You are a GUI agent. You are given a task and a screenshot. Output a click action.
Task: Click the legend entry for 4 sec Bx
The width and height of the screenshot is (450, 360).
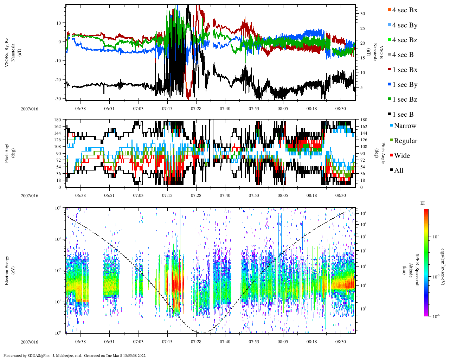tap(405, 10)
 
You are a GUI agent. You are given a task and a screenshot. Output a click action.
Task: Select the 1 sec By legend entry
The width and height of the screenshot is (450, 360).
tap(405, 85)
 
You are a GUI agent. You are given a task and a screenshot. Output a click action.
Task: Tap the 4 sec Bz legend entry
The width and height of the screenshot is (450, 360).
tap(405, 40)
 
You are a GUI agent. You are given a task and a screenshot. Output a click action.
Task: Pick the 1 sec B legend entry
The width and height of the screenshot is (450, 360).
tap(403, 115)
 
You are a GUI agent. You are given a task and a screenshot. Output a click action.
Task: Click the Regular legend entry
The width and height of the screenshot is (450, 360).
tap(405, 141)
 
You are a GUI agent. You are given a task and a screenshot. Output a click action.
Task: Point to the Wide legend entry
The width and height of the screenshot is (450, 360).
tap(402, 156)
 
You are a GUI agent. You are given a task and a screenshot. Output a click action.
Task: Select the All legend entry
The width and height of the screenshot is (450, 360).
tap(399, 171)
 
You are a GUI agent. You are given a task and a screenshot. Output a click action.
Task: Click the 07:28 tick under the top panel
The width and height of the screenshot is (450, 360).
tap(196, 108)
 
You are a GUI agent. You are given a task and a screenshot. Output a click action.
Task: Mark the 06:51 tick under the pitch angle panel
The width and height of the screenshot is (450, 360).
tap(109, 195)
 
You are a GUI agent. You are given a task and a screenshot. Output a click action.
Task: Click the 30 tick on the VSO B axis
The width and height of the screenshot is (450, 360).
tap(362, 14)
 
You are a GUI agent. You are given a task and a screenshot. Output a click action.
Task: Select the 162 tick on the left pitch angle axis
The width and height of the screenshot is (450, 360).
tap(58, 127)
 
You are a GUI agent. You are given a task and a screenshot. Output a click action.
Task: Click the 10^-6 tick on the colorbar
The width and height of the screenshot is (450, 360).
tap(436, 316)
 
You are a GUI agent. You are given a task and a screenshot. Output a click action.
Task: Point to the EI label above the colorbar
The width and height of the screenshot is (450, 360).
tap(423, 203)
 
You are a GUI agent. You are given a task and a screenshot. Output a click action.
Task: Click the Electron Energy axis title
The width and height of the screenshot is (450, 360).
tap(7, 270)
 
